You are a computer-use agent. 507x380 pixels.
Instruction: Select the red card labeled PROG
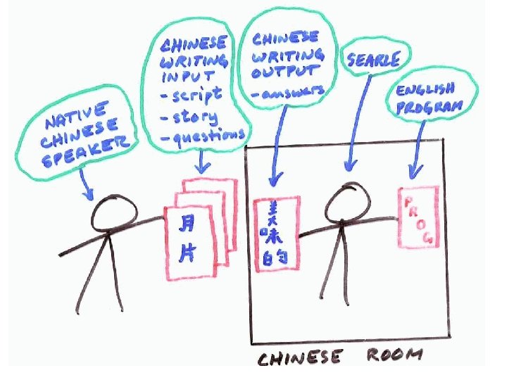tap(418, 217)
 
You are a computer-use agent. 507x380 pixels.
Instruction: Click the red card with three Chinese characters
tap(274, 234)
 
